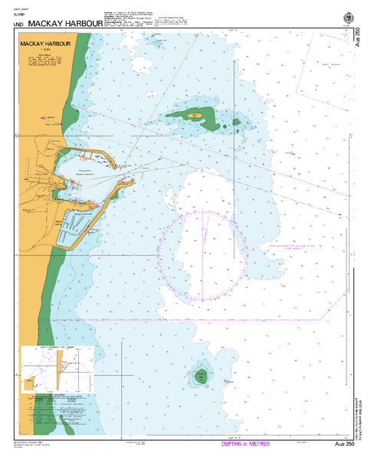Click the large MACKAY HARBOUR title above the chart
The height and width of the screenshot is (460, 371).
64,24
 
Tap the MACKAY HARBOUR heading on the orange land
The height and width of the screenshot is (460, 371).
45,45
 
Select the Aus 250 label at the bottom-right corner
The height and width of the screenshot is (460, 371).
345,445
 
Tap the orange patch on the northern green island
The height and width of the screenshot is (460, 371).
195,116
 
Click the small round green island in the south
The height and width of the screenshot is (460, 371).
200,376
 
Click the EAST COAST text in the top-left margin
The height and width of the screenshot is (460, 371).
13,8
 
